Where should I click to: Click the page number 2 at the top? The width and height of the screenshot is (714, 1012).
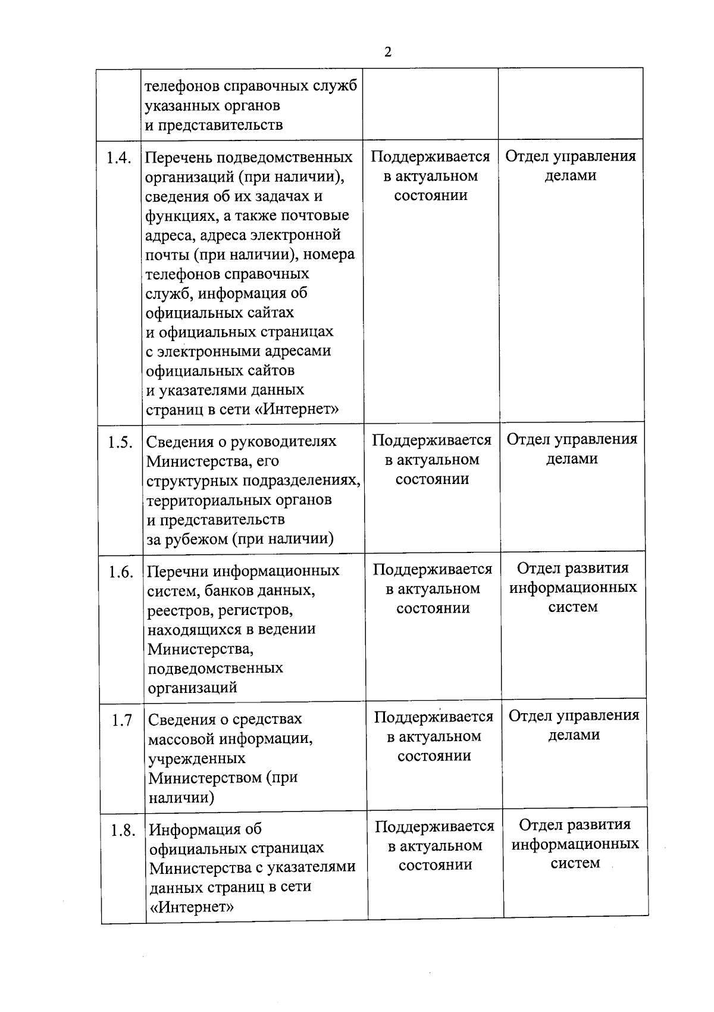[x=388, y=52]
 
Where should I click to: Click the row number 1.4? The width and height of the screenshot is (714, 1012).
[x=119, y=158]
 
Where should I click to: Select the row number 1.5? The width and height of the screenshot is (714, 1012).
[x=120, y=442]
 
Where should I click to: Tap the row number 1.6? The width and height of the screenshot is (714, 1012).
[x=121, y=572]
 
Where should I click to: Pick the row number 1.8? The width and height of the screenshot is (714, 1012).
[x=123, y=830]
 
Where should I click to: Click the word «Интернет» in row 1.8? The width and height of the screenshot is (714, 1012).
[x=191, y=907]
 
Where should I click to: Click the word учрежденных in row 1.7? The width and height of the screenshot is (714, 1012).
[x=197, y=758]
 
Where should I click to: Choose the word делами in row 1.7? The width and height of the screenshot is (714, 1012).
[x=574, y=735]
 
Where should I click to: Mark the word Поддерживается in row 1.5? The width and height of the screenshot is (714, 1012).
[x=431, y=440]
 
